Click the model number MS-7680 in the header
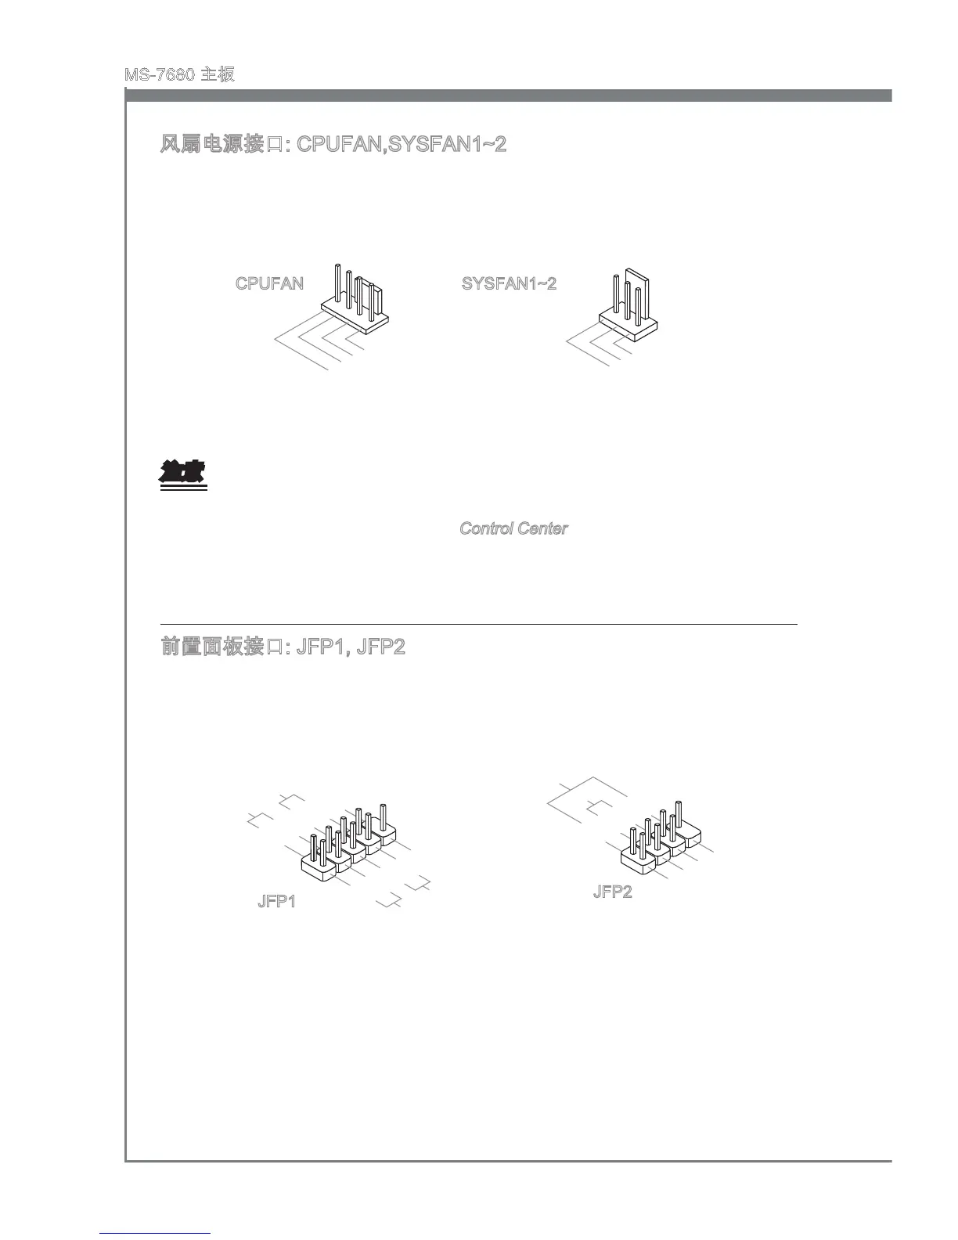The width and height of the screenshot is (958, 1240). coord(159,75)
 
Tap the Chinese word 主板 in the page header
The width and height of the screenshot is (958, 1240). coord(218,75)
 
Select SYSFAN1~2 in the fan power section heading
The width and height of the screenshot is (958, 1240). coord(447,145)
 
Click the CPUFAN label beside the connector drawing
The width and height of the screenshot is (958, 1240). coord(269,283)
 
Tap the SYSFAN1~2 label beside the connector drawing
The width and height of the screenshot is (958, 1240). coord(509,283)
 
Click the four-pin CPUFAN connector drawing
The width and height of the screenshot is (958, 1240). coord(356,301)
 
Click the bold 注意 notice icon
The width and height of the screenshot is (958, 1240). coord(182,474)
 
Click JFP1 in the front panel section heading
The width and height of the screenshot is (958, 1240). coord(321,648)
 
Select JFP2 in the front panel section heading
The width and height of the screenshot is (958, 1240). coord(380,648)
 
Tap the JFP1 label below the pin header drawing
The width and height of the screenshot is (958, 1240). coord(276,902)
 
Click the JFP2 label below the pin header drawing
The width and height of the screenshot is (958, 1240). coord(612,892)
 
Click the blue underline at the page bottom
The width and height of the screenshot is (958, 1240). coord(156,1233)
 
